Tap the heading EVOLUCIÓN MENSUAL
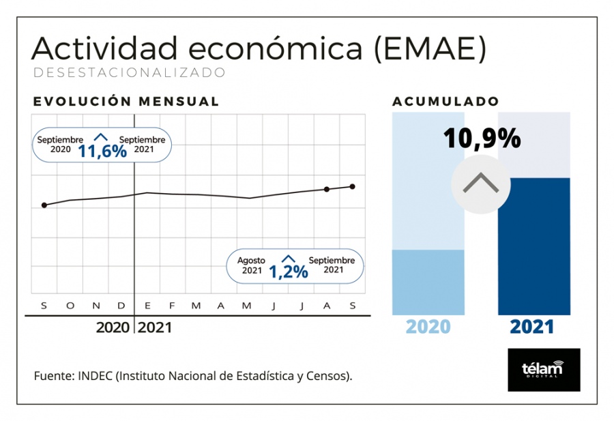coord(126,102)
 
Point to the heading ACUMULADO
coord(445,102)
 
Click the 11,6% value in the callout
coord(102,150)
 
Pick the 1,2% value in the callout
coord(288,271)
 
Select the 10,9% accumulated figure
coord(482,139)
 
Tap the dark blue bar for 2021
coord(534,246)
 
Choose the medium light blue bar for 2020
coord(428,282)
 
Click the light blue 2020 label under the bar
coord(428,327)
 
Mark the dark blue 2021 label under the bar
coord(532,327)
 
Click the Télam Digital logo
coord(544,370)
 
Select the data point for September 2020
coord(44,205)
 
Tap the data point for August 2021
coord(327,189)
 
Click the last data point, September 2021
coord(353,186)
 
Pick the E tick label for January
coord(147,305)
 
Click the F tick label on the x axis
coord(172,305)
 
